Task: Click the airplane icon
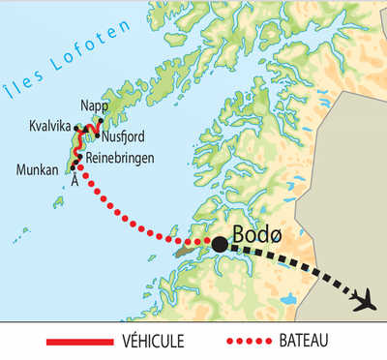[x=365, y=300]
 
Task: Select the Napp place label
[x=95, y=105]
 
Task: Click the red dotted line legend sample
[x=253, y=342]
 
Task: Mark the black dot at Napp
[x=100, y=121]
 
